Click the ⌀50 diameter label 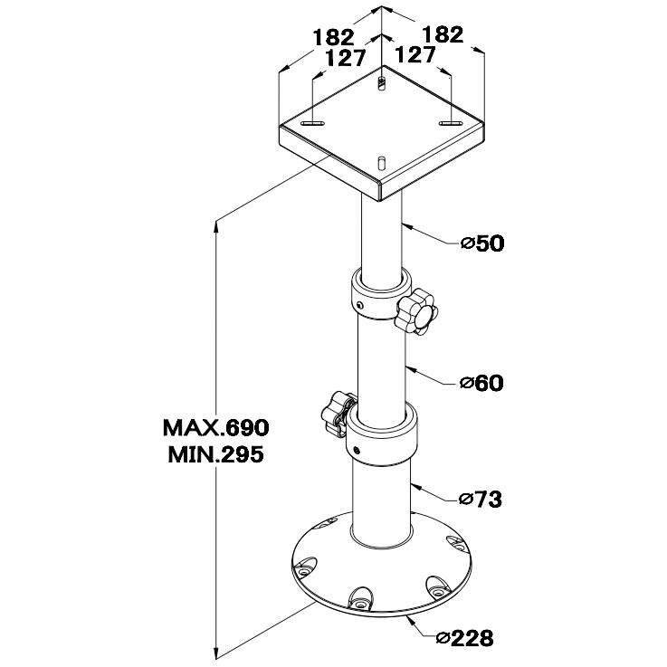click(481, 243)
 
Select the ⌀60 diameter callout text click(481, 384)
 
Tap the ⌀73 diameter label click(481, 499)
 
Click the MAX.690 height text click(216, 426)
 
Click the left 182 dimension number click(332, 37)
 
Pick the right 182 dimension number click(443, 34)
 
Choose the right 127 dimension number click(416, 55)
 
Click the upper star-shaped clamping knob click(416, 312)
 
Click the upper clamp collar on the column click(375, 296)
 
